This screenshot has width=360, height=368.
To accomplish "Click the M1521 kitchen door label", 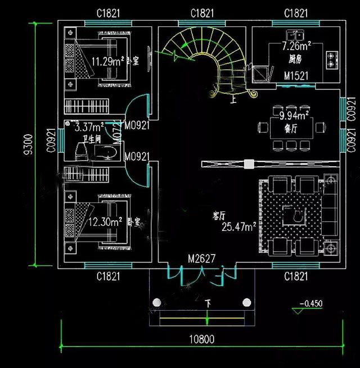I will pos(295,76).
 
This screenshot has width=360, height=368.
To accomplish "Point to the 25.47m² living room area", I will pos(239,227).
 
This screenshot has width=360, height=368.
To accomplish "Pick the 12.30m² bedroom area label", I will pos(106,222).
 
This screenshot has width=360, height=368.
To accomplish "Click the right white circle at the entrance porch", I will pos(246,303).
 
